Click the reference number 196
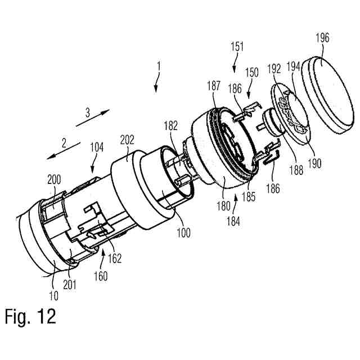(323, 39)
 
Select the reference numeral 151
(237, 48)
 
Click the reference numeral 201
(70, 285)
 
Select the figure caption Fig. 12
(30, 316)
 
